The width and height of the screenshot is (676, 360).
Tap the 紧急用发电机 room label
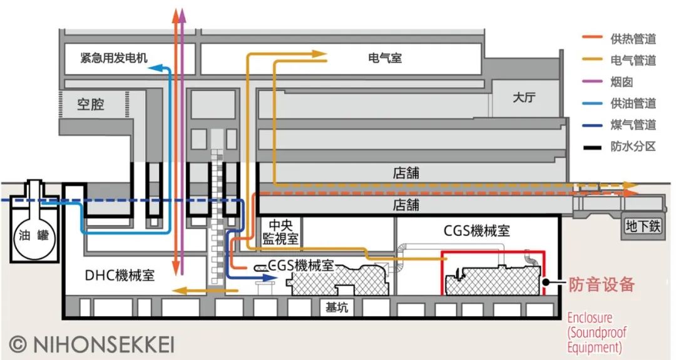pos(113,58)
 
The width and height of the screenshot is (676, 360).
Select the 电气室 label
pos(385,58)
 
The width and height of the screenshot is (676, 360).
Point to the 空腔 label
pos(91,104)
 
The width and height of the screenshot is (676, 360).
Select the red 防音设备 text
pos(602,285)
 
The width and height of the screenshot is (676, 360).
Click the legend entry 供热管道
pos(633,39)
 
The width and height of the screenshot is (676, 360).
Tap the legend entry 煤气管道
pos(633,125)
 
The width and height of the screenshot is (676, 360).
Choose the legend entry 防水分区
pos(633,147)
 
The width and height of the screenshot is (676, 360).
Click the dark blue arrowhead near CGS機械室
pos(253,275)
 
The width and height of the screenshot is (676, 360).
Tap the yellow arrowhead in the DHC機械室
pos(178,290)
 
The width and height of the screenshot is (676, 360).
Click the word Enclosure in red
pos(589,317)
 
